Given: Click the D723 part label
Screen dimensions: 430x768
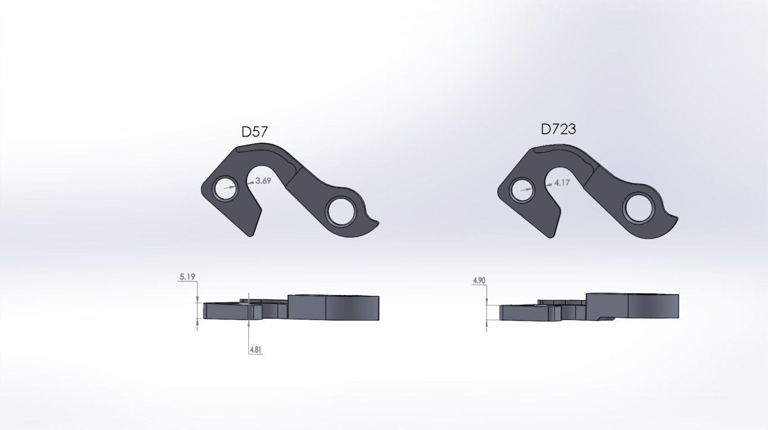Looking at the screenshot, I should click(x=558, y=130).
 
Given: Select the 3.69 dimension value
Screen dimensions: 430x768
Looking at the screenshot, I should click(x=263, y=181).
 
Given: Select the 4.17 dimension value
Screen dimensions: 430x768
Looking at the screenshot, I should click(x=563, y=182).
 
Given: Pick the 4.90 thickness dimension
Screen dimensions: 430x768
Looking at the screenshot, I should click(x=479, y=281).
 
